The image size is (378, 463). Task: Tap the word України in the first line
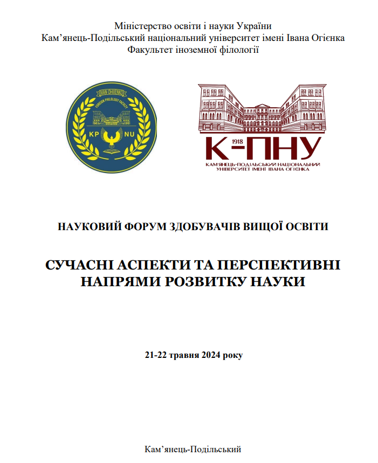[249, 26]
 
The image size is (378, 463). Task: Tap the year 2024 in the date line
[204, 356]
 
